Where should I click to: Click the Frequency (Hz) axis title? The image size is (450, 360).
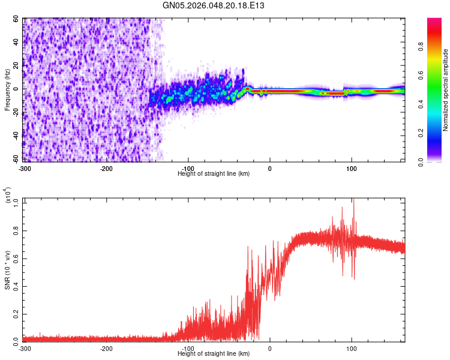(x=7, y=91)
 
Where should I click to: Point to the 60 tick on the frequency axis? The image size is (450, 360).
(x=17, y=19)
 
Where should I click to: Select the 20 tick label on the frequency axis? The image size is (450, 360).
(x=17, y=65)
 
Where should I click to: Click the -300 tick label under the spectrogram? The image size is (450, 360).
(x=25, y=169)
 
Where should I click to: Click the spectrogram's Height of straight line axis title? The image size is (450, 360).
(x=214, y=174)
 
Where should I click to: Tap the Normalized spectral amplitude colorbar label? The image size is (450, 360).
(x=446, y=91)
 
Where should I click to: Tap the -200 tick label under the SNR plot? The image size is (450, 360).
(x=106, y=348)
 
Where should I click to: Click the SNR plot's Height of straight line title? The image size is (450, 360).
(x=214, y=353)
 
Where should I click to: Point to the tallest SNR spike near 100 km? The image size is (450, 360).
(x=353, y=200)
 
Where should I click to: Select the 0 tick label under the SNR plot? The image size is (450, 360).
(x=270, y=348)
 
